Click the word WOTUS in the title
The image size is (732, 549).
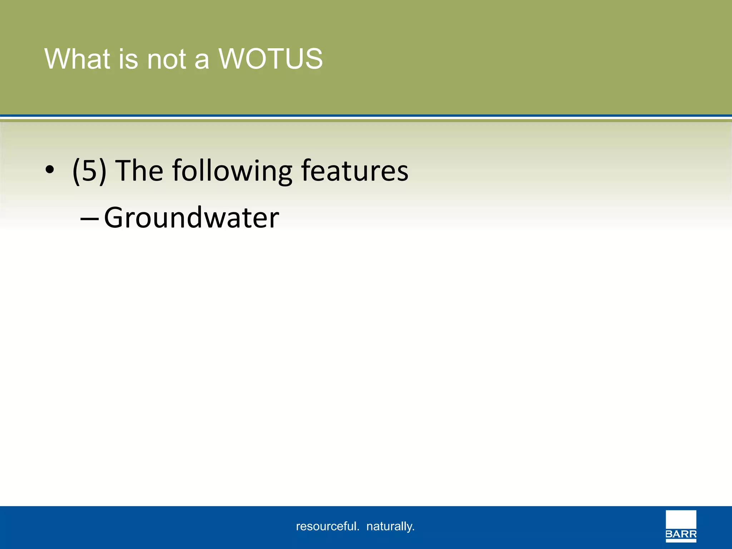pos(271,59)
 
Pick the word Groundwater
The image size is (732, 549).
pos(192,218)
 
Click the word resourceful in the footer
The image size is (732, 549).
pos(326,526)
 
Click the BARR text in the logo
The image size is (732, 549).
pos(681,535)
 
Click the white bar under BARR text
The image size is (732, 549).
pos(681,541)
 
